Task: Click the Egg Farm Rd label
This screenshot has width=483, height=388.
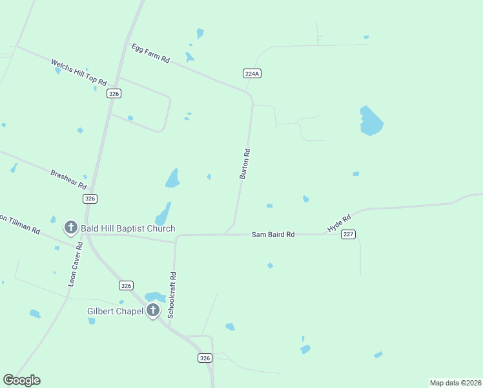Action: point(150,53)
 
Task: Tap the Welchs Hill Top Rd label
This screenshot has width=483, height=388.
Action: point(78,71)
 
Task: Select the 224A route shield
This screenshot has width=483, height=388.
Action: point(252,74)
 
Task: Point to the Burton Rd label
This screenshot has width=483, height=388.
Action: point(245,164)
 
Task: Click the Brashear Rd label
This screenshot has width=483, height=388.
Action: point(68,178)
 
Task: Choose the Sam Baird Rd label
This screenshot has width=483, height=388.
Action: point(272,234)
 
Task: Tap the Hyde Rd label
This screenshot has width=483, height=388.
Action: point(338,224)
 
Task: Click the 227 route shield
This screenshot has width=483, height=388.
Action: point(349,234)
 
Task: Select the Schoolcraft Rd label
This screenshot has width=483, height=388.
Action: point(172,294)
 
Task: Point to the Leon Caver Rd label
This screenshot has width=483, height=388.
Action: point(76,264)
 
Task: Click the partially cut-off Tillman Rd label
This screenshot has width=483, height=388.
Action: point(19,224)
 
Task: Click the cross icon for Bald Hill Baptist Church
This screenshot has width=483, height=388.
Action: point(70,228)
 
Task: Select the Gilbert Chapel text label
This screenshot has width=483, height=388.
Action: point(115,311)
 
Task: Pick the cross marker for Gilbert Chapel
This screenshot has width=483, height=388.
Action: point(152,310)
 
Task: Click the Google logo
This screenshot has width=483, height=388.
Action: point(21,380)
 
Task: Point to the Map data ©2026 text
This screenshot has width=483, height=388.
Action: point(455,382)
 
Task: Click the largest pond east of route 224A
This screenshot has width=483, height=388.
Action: point(370,121)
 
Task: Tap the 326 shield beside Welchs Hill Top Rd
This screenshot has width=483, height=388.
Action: point(114,94)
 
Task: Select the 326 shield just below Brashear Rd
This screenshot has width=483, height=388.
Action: point(90,199)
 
